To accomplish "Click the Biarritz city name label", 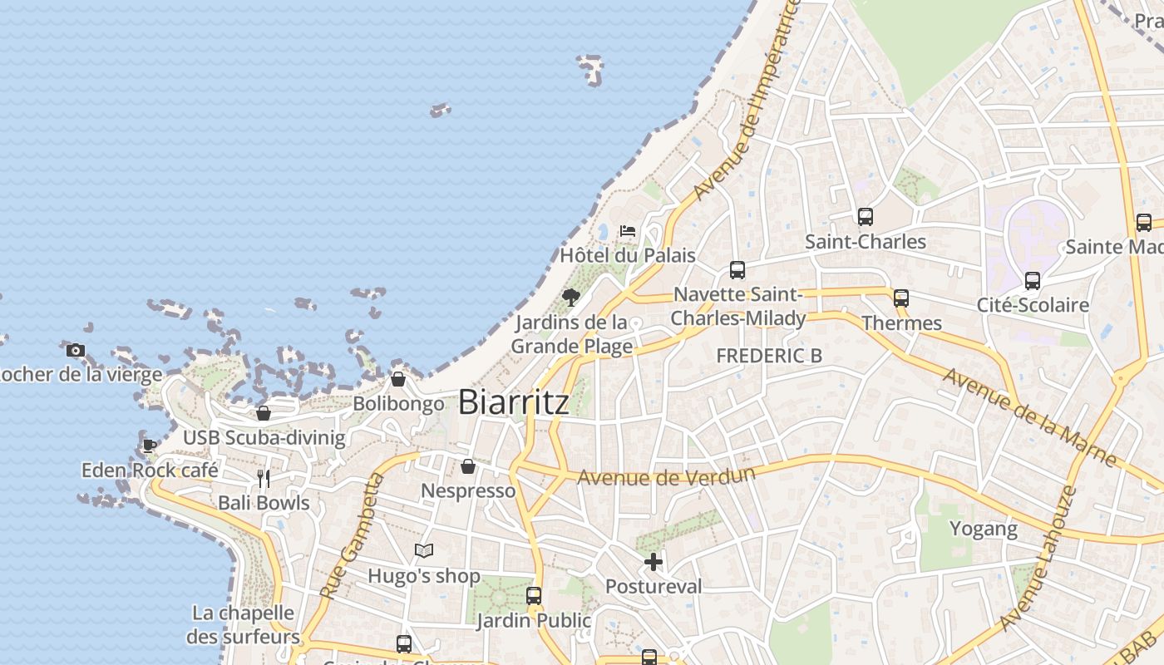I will [514, 402].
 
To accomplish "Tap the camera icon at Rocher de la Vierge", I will [76, 350].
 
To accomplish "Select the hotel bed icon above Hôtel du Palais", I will [628, 230].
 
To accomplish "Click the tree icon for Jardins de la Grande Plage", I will [570, 297].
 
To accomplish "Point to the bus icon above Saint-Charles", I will [865, 217].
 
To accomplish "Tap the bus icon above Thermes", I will [901, 298].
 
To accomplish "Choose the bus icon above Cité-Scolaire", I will [1033, 281].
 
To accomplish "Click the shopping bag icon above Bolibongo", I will [398, 379].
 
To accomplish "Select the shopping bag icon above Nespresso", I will [468, 466].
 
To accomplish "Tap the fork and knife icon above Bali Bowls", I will [264, 478].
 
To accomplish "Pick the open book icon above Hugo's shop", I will [424, 550].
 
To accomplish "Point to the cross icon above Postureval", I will [654, 562].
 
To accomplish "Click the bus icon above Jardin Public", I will [534, 596].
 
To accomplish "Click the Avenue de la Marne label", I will [1028, 416].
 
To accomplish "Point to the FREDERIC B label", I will [769, 356].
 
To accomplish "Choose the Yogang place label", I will [984, 529].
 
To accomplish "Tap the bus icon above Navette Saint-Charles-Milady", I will [737, 270].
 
